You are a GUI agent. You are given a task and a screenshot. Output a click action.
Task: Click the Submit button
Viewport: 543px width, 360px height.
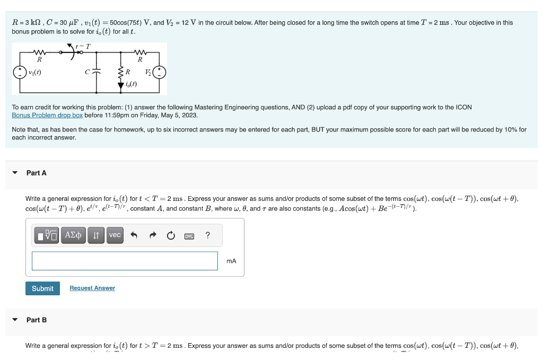pos(42,288)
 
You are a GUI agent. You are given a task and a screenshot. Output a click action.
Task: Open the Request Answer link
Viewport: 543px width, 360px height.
pos(92,288)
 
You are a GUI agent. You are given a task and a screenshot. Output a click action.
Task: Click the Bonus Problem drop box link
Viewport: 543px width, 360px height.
pos(47,115)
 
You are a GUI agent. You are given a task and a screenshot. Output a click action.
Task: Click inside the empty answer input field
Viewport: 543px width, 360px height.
pos(125,261)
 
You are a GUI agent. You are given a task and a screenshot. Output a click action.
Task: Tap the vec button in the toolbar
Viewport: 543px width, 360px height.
pos(115,235)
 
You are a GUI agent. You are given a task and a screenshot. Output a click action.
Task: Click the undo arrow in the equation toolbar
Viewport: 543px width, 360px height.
pos(135,235)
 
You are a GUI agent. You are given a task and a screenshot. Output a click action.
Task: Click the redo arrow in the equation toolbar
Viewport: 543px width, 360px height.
pos(153,235)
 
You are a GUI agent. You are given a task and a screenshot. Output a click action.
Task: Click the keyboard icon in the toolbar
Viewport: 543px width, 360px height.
pos(189,235)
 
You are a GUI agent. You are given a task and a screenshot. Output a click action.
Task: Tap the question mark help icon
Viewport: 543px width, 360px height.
pos(207,235)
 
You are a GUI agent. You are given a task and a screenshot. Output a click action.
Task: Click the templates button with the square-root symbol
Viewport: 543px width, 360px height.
pos(47,235)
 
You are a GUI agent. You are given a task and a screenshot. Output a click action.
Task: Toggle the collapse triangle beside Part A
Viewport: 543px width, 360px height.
pos(15,173)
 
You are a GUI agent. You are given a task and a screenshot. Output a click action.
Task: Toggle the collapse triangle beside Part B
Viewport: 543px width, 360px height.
pos(15,320)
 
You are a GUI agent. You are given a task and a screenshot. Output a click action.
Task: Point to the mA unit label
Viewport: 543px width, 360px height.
pos(231,261)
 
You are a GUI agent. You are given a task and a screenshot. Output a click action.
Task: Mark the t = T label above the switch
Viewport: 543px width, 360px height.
pos(83,46)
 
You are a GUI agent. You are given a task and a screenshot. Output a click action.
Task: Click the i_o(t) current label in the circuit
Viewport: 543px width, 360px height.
pos(130,84)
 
